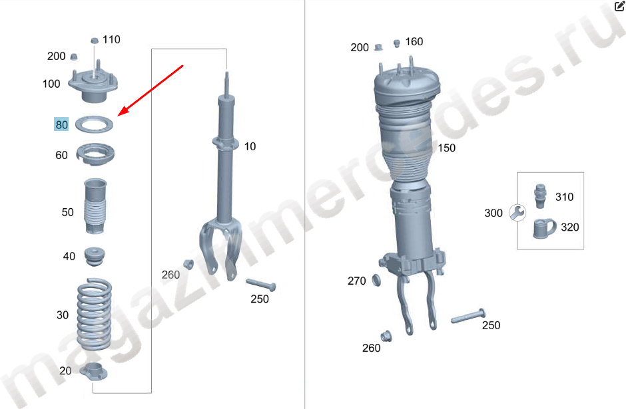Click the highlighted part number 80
click(61, 124)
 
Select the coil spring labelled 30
click(94, 315)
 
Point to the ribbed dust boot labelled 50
click(95, 205)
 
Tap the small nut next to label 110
click(95, 41)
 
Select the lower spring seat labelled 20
click(94, 372)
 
